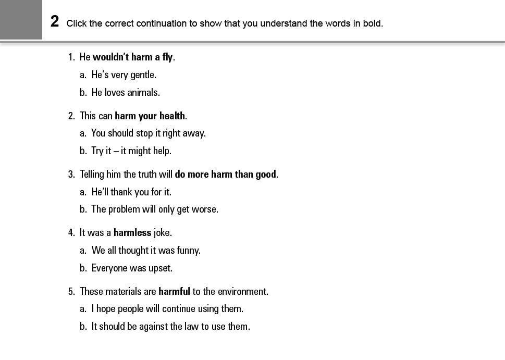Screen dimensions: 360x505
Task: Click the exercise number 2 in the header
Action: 55,21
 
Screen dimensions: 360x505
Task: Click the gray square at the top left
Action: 21,19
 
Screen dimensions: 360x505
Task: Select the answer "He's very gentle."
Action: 124,75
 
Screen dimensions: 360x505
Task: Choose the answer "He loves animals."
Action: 126,93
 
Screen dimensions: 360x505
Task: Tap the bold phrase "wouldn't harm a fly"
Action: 132,57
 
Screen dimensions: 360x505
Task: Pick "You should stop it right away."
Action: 149,133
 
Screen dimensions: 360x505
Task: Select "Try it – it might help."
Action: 131,151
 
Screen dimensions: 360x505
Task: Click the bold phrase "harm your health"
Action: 150,116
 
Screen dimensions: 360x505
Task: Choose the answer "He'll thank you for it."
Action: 131,192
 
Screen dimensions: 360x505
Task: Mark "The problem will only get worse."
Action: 155,209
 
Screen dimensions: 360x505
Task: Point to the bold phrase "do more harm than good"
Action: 225,175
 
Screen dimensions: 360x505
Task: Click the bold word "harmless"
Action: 132,233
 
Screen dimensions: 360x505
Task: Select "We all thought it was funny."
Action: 146,251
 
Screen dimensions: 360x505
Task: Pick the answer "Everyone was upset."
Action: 132,268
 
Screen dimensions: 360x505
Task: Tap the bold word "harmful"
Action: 174,292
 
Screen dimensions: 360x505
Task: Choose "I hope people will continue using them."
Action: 167,309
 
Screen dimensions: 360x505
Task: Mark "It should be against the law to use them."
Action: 170,327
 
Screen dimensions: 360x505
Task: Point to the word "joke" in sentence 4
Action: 162,233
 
